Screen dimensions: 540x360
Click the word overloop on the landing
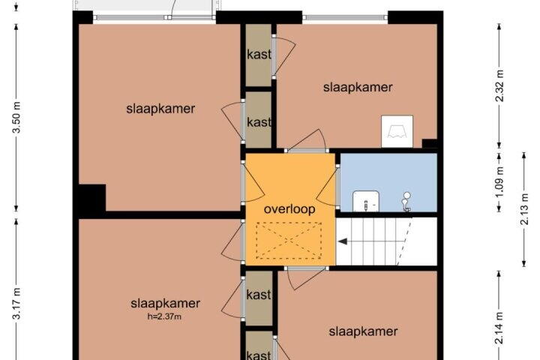pyautogui.click(x=289, y=209)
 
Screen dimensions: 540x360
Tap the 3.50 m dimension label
pyautogui.click(x=16, y=118)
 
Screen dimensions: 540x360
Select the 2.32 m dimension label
pyautogui.click(x=499, y=85)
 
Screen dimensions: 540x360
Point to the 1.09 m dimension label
pyautogui.click(x=499, y=181)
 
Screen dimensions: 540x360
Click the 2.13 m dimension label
pyautogui.click(x=523, y=209)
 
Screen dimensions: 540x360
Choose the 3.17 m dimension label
pyautogui.click(x=16, y=304)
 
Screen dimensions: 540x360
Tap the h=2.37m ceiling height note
pyautogui.click(x=164, y=316)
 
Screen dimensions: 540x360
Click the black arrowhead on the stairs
pyautogui.click(x=342, y=241)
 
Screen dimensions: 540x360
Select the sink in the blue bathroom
pyautogui.click(x=366, y=202)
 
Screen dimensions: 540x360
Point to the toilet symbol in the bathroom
pyautogui.click(x=406, y=202)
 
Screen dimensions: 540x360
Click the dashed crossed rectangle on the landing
pyautogui.click(x=289, y=241)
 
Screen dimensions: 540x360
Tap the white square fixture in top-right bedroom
pyautogui.click(x=397, y=131)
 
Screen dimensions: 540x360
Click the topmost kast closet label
pyautogui.click(x=259, y=55)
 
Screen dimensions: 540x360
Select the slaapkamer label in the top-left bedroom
pyautogui.click(x=160, y=109)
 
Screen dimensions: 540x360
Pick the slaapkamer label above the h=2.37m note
pyautogui.click(x=165, y=304)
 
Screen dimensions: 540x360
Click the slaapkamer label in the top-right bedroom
pyautogui.click(x=358, y=87)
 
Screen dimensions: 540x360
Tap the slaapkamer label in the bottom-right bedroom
pyautogui.click(x=363, y=331)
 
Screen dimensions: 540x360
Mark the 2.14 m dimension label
pyautogui.click(x=499, y=328)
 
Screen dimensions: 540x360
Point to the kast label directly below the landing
pyautogui.click(x=259, y=295)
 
